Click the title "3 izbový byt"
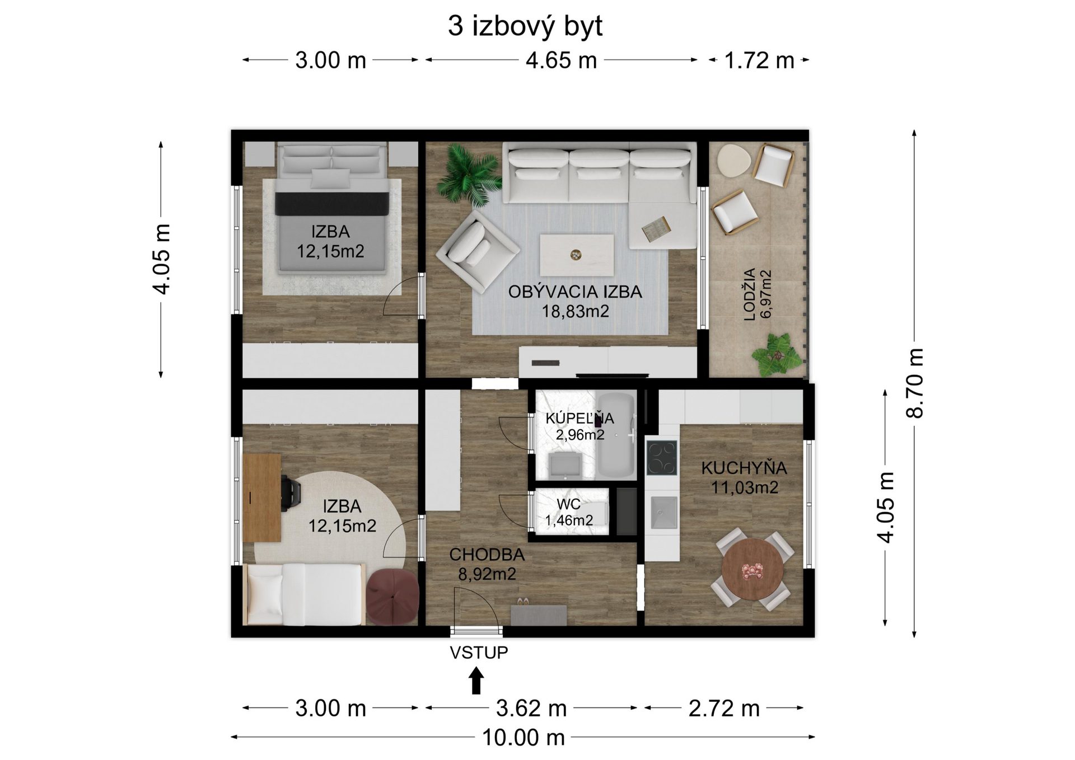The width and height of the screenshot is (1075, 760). click(x=525, y=26)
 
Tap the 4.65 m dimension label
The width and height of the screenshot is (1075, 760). click(x=561, y=60)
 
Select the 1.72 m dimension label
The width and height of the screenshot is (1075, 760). click(x=759, y=60)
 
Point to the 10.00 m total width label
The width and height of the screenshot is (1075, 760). click(x=523, y=738)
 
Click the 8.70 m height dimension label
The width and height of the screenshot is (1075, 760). click(x=914, y=383)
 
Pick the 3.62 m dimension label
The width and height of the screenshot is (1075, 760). click(x=531, y=709)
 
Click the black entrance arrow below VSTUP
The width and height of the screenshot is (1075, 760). click(x=476, y=681)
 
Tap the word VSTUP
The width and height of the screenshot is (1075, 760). click(x=479, y=653)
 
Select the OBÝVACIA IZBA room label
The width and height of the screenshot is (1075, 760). click(x=575, y=292)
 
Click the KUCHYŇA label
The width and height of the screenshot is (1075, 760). click(x=744, y=468)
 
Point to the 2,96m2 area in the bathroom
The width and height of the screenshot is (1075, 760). click(x=580, y=434)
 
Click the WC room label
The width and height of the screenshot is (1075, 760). click(x=568, y=505)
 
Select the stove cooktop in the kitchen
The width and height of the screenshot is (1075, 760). click(x=662, y=458)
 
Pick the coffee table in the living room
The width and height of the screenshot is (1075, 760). click(x=577, y=255)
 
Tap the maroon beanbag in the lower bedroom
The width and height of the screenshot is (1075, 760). click(x=393, y=597)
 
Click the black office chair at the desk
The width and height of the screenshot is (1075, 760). click(x=291, y=493)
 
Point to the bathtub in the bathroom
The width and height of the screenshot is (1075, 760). click(x=615, y=435)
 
